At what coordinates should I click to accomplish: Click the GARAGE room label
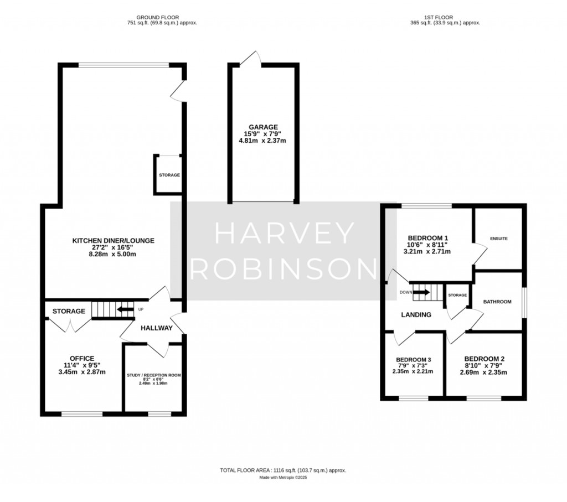[263, 127]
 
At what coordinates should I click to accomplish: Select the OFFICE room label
[82, 358]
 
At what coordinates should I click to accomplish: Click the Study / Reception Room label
[154, 375]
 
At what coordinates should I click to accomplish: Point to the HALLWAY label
[156, 328]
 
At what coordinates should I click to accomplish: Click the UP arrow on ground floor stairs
[126, 310]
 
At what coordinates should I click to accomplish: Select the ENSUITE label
[498, 239]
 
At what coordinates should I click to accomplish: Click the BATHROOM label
[497, 302]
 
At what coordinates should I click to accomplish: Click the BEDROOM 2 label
[484, 358]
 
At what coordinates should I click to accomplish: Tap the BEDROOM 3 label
[414, 360]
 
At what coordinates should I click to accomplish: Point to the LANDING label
[416, 314]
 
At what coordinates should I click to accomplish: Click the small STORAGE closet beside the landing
[457, 296]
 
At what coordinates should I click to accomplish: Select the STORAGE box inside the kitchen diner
[169, 175]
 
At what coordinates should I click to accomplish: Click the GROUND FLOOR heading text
[161, 17]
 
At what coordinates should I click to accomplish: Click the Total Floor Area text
[283, 470]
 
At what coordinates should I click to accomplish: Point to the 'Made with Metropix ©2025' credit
[283, 477]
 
